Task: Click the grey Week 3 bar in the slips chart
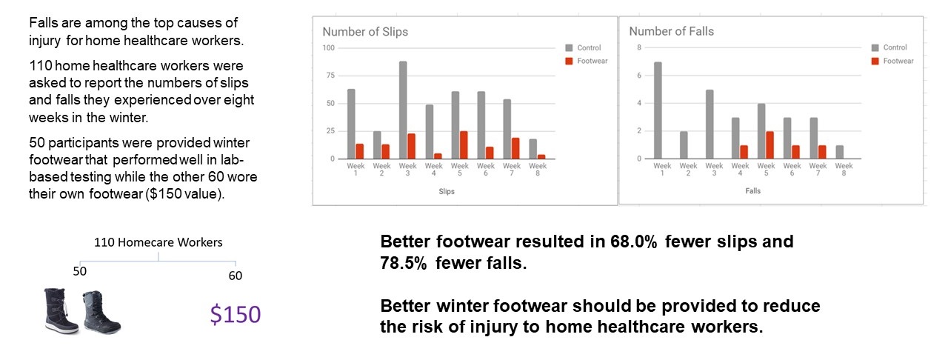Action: click(403, 110)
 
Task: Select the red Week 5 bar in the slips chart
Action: click(464, 145)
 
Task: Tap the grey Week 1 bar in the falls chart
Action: click(658, 110)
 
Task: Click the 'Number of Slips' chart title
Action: click(365, 32)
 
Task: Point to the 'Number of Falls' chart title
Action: click(671, 32)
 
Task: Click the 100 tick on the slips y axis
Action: click(328, 48)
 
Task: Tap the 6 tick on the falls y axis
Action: click(638, 76)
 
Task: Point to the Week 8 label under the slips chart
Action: click(538, 170)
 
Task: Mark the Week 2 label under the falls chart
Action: click(688, 170)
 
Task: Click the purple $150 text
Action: click(235, 315)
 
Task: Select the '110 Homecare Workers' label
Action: click(158, 242)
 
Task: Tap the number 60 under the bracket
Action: click(235, 276)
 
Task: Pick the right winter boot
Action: click(101, 312)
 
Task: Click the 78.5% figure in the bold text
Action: click(405, 263)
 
